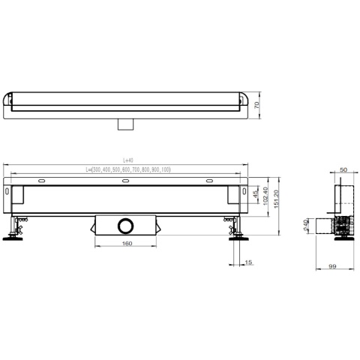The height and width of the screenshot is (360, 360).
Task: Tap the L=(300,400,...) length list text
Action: [127, 170]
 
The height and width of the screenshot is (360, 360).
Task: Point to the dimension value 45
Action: [256, 196]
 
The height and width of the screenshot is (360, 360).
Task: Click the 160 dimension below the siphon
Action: [125, 243]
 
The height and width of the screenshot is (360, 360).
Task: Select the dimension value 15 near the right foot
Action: [247, 262]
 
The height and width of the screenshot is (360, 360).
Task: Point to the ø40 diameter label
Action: [306, 226]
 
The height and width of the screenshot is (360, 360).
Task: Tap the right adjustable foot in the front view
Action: [238, 233]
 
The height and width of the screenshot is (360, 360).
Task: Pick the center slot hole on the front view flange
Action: [125, 181]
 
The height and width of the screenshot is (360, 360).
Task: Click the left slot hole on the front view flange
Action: [43, 181]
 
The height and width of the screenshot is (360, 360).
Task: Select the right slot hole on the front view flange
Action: [208, 181]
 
